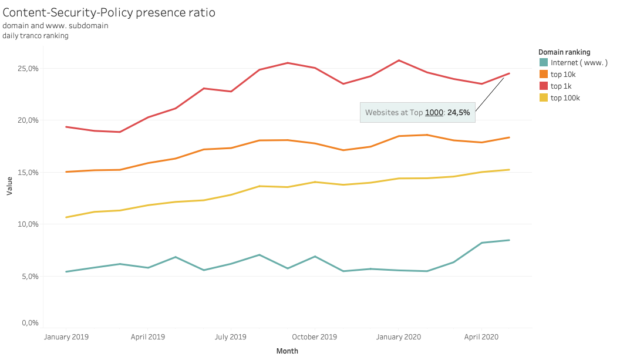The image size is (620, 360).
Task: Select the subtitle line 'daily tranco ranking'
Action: (x=35, y=36)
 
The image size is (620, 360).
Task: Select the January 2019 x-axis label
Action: (x=66, y=337)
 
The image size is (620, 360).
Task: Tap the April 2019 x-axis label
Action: (x=147, y=337)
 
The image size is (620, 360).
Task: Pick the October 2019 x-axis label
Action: (x=315, y=337)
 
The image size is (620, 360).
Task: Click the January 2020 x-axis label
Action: (x=398, y=337)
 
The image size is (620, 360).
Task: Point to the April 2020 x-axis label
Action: (x=481, y=337)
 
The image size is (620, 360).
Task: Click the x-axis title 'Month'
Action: (x=287, y=351)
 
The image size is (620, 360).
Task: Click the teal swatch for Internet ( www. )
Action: (x=544, y=63)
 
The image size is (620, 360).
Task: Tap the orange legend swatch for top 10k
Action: (x=544, y=75)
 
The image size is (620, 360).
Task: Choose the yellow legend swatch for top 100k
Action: (x=544, y=98)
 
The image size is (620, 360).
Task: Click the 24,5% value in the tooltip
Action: (x=459, y=113)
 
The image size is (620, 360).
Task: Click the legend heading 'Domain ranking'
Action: (x=564, y=52)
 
